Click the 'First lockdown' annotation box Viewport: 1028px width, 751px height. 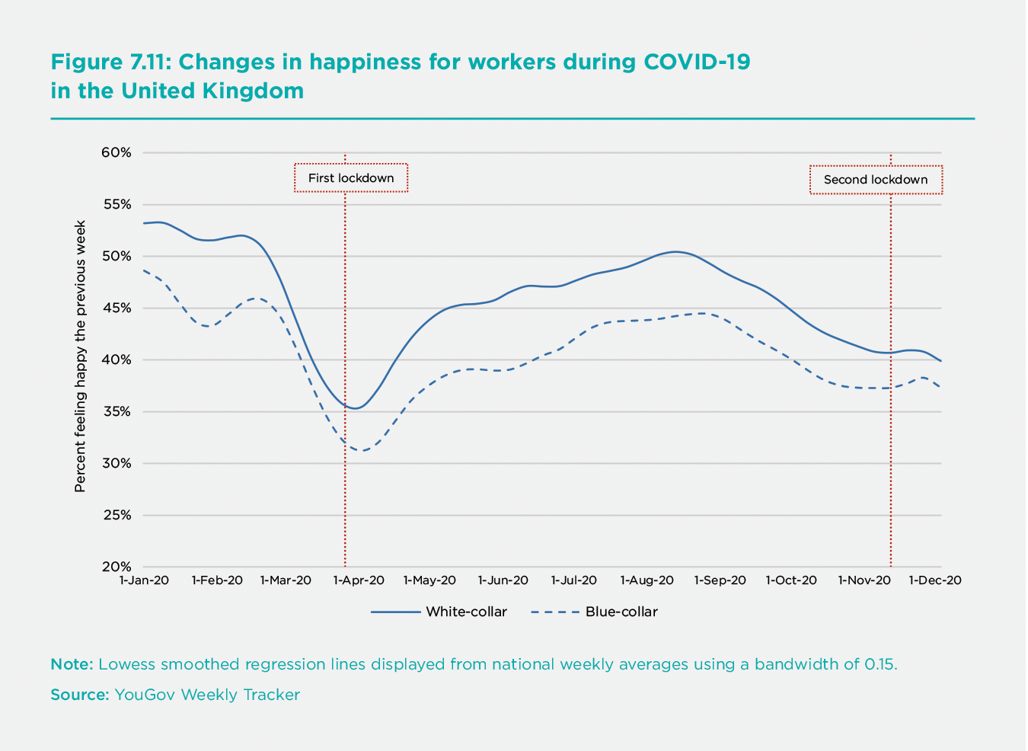(x=351, y=178)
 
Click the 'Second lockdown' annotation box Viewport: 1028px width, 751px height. (x=876, y=180)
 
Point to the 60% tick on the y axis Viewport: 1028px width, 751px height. (x=117, y=152)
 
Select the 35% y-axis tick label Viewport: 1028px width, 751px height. (x=117, y=411)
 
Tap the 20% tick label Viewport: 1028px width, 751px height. (x=117, y=567)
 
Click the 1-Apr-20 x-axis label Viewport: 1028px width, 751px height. (x=359, y=580)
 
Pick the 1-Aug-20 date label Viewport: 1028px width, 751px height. (x=646, y=580)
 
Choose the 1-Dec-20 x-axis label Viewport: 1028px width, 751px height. (x=935, y=580)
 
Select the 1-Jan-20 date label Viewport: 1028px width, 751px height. (x=144, y=580)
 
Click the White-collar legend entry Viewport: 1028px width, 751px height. (x=466, y=612)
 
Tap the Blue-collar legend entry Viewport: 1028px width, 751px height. (x=621, y=612)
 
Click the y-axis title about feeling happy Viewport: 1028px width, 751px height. (x=80, y=356)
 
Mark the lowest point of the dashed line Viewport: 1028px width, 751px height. (x=364, y=450)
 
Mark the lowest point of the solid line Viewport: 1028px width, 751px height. (x=355, y=408)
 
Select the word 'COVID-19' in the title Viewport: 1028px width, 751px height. (x=697, y=62)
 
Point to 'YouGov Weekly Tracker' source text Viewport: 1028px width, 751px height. (x=207, y=695)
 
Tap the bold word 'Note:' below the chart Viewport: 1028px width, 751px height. (x=72, y=664)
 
